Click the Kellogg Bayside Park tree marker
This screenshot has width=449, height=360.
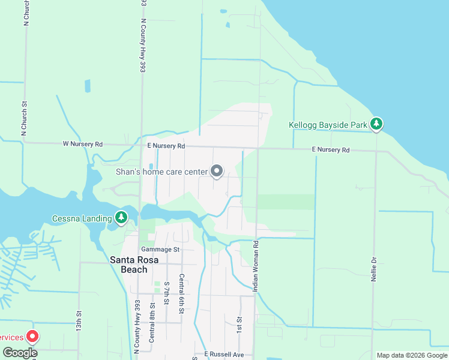(376, 124)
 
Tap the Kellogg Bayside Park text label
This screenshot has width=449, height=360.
(328, 125)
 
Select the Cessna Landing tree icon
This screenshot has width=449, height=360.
(122, 217)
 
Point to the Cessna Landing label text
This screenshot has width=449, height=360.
(82, 218)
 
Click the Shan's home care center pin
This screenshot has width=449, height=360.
(217, 172)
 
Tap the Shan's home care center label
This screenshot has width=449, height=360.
(161, 172)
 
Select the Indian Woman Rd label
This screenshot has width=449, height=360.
(255, 267)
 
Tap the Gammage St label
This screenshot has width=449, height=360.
(160, 249)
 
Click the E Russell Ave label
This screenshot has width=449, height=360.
(224, 355)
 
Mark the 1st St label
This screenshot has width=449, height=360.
(239, 325)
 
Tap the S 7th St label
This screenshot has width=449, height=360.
(166, 295)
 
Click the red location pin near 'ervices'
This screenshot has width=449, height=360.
(33, 337)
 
